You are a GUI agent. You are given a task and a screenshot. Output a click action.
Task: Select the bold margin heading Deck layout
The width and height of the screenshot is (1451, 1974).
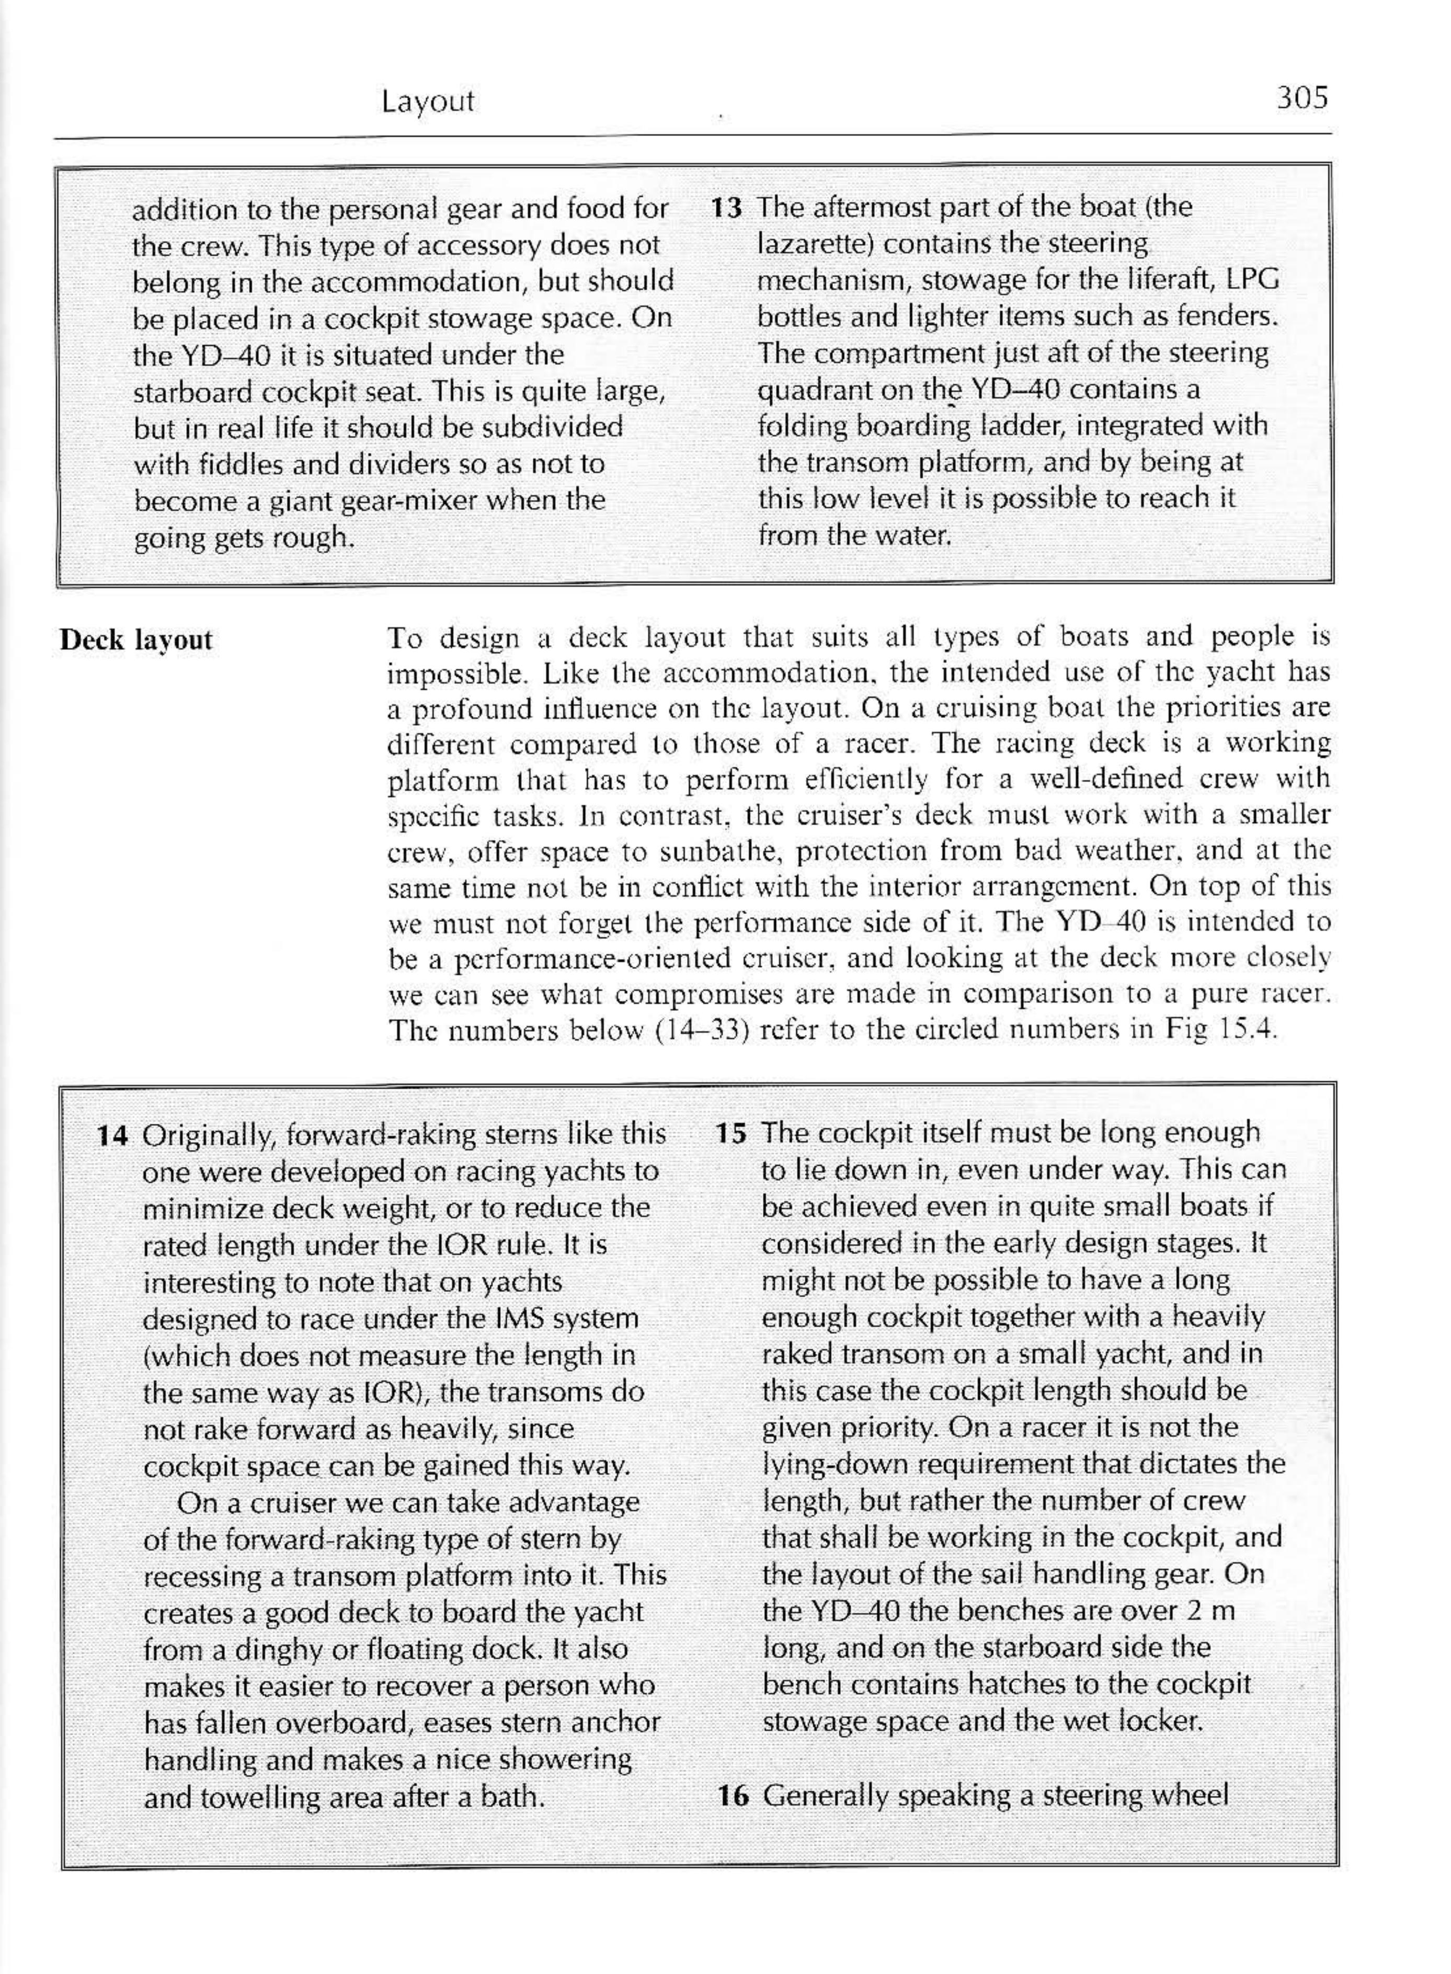click(x=136, y=640)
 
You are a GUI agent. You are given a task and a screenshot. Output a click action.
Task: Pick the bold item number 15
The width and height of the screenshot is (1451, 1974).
click(x=731, y=1133)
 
